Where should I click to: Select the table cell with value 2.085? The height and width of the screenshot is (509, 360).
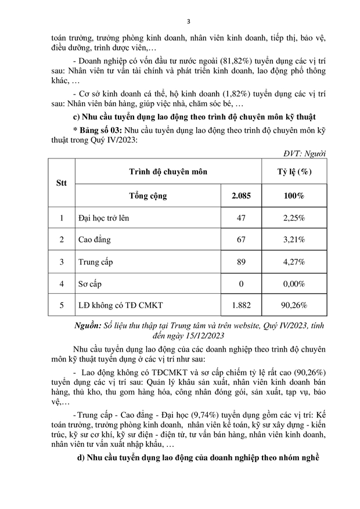click(242, 196)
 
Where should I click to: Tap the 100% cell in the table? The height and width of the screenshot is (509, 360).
click(294, 196)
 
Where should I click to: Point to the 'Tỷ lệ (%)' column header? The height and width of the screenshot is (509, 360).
click(294, 172)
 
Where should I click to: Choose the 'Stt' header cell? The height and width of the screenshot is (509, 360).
click(62, 183)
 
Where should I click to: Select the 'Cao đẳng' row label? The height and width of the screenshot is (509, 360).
click(94, 239)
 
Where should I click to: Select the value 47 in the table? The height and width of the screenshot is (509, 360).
click(242, 218)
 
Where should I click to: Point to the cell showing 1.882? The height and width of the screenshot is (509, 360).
click(242, 305)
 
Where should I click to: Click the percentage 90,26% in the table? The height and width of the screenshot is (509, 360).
click(294, 305)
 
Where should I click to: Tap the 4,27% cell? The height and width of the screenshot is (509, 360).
click(294, 261)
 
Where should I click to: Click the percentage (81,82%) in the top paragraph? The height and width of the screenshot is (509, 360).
click(217, 60)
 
